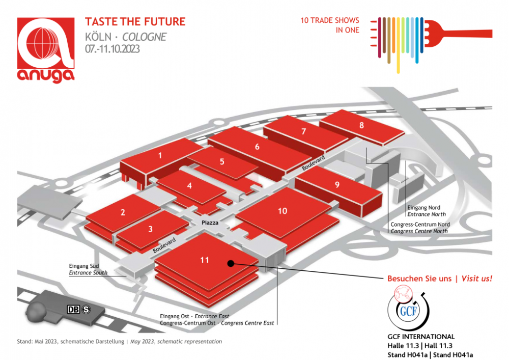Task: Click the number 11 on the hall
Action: (x=205, y=260)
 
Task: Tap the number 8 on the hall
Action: (x=361, y=125)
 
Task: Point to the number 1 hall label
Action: (x=160, y=156)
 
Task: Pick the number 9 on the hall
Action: (x=337, y=185)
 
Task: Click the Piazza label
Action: (x=210, y=223)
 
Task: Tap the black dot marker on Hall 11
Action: (x=231, y=263)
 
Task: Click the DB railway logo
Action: (x=73, y=310)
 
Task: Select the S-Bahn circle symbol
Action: (x=86, y=310)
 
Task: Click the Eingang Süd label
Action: (x=84, y=266)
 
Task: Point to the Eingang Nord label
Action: (x=424, y=208)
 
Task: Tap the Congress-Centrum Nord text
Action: (x=420, y=225)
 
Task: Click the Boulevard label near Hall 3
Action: (x=164, y=245)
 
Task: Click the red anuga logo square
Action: (x=46, y=43)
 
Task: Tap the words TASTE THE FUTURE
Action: (x=135, y=22)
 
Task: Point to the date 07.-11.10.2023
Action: (x=112, y=49)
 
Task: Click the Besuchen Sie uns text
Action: (x=419, y=279)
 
